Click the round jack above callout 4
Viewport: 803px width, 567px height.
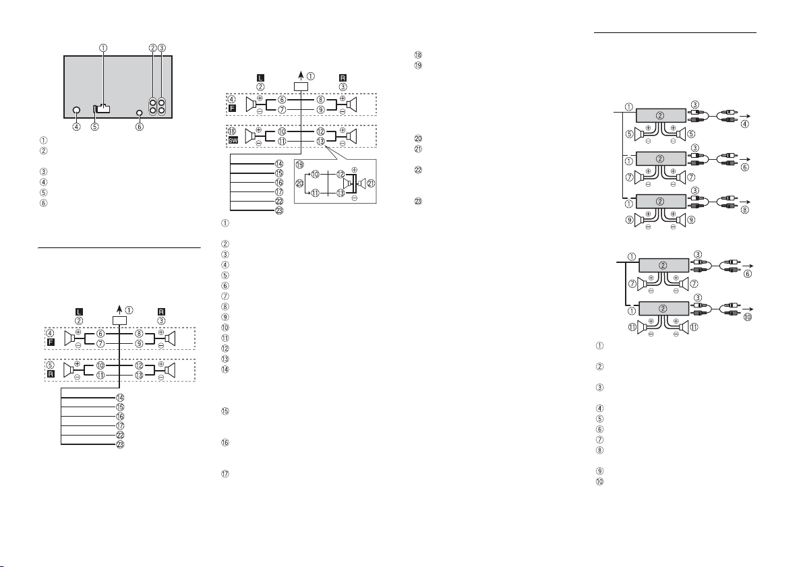(76, 110)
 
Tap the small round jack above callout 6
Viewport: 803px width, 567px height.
(140, 112)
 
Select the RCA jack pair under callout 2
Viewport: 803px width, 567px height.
(153, 106)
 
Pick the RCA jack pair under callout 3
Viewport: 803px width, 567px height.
(162, 106)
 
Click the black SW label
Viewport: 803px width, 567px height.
(233, 140)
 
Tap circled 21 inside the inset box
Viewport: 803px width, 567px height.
(371, 183)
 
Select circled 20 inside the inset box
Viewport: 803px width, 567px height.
(299, 183)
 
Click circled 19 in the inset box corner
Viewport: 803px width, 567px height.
(299, 165)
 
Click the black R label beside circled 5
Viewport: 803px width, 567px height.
(51, 374)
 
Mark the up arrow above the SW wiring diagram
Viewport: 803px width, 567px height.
(301, 77)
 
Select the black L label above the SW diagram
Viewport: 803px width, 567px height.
(260, 78)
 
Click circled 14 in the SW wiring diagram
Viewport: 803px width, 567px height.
(279, 164)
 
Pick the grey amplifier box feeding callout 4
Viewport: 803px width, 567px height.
(661, 115)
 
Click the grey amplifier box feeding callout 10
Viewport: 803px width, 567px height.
(663, 308)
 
